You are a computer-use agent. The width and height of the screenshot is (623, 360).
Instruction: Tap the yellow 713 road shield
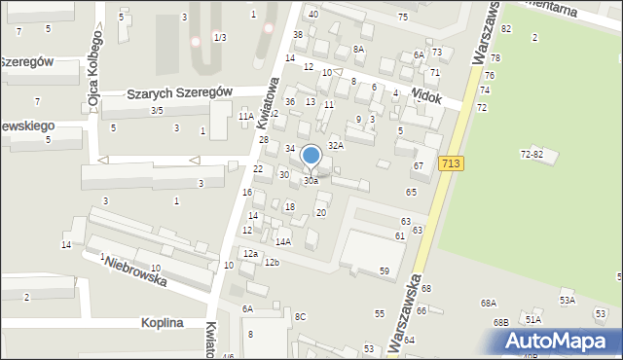tap(451, 164)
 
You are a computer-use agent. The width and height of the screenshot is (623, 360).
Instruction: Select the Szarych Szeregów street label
tap(180, 92)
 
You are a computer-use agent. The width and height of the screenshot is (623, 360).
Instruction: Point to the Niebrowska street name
tap(135, 271)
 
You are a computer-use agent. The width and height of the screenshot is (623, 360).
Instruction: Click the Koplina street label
tap(150, 324)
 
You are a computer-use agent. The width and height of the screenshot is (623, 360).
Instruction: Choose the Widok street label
tap(426, 98)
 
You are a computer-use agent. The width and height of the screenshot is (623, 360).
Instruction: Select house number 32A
tap(336, 145)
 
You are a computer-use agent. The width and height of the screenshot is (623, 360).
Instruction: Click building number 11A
tap(246, 116)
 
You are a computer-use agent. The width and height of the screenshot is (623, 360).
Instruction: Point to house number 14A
tap(283, 241)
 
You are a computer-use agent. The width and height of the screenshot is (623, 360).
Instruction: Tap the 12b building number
tap(272, 262)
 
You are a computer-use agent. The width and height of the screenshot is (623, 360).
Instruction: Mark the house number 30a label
tap(311, 181)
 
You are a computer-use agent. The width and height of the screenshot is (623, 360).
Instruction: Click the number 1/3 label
tap(220, 37)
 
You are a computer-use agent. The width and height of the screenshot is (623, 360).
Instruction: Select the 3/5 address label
tap(157, 110)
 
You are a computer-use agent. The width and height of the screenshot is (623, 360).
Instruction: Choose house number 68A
tap(488, 304)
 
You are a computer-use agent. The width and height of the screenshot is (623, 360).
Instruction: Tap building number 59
tap(385, 270)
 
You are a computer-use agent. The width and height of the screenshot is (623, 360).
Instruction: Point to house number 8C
tap(301, 316)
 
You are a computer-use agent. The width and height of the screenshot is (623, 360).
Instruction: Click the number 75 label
tap(403, 18)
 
